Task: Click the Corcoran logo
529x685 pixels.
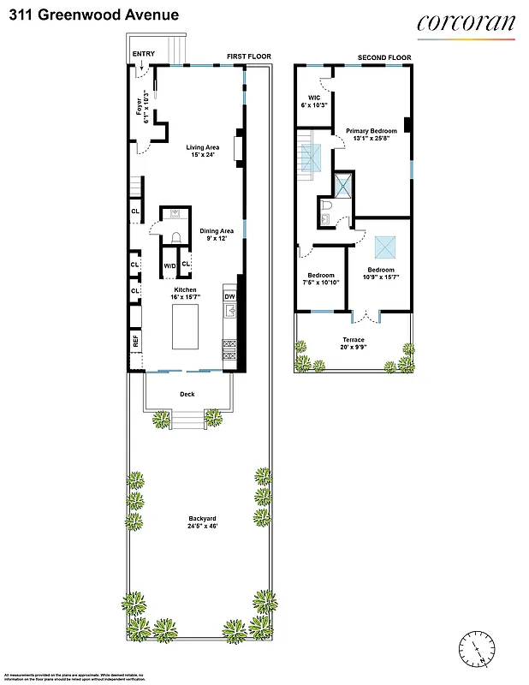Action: tap(467, 23)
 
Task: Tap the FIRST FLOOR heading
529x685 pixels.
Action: tap(248, 57)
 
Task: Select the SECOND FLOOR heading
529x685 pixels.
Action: tap(384, 58)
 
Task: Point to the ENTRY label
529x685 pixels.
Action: tap(144, 54)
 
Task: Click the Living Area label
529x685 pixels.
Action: tap(202, 151)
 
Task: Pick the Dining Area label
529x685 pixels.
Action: tap(217, 235)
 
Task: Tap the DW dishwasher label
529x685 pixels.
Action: tap(229, 297)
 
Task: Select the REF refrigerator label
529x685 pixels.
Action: tap(135, 342)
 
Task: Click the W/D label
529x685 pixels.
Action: tap(169, 266)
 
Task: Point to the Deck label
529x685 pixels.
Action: tap(187, 394)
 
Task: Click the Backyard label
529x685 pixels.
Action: tap(202, 522)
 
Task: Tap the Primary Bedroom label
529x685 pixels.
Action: tap(371, 135)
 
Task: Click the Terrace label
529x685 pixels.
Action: tap(354, 343)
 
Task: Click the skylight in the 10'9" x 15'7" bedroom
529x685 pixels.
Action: tap(381, 247)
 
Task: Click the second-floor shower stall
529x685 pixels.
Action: tap(343, 185)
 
